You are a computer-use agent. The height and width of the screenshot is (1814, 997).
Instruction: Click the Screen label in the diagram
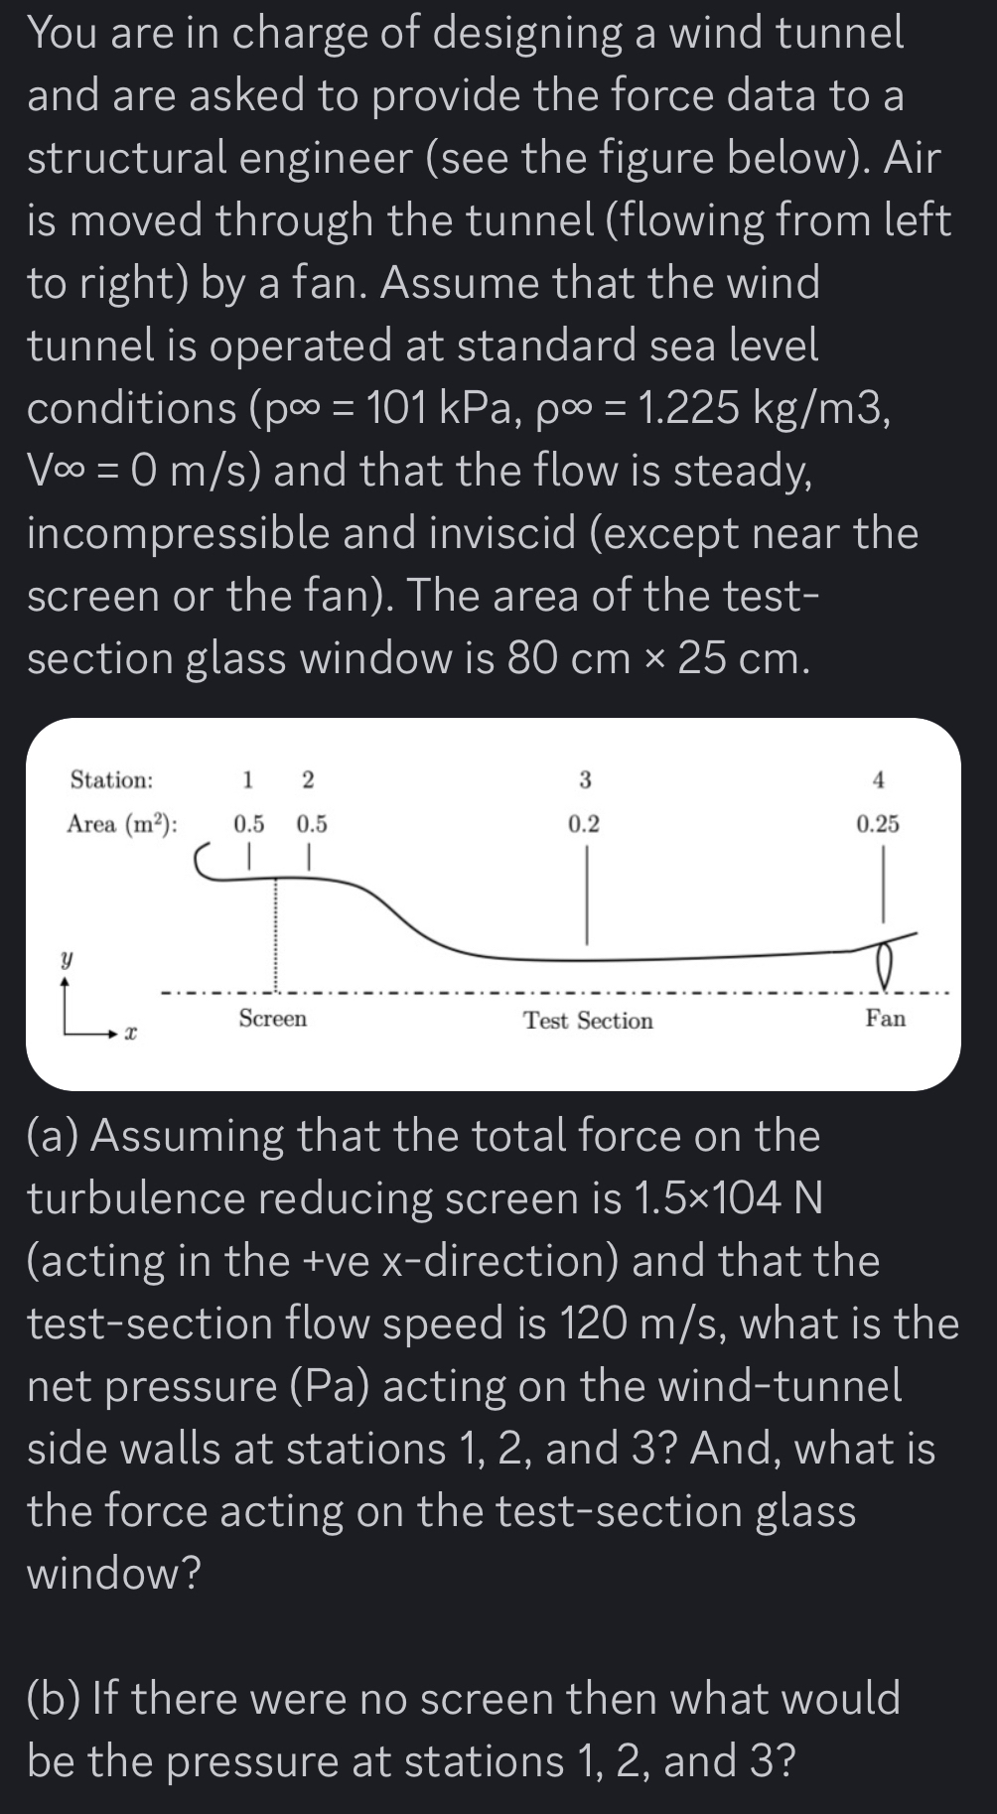point(272,1018)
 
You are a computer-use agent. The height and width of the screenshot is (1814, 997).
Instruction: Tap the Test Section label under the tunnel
point(588,1021)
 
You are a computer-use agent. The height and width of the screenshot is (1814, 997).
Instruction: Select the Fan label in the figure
point(885,1018)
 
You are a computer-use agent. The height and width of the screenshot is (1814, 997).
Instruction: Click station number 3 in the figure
point(585,779)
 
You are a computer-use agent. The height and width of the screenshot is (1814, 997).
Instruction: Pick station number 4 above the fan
point(878,779)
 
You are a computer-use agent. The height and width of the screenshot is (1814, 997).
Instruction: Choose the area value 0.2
point(584,823)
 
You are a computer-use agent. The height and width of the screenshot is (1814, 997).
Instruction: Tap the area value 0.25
point(878,823)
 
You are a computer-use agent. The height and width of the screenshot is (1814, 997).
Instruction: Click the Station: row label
point(111,779)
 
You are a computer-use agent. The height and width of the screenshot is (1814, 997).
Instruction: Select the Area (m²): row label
point(122,824)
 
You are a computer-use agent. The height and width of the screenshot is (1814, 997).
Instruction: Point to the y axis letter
point(67,960)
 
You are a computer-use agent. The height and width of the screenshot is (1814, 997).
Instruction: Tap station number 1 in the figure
point(248,779)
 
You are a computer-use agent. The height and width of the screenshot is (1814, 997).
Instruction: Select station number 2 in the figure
point(307,779)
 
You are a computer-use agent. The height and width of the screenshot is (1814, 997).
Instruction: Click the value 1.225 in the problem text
point(688,408)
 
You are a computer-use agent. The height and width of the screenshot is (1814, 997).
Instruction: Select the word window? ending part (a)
point(113,1573)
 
